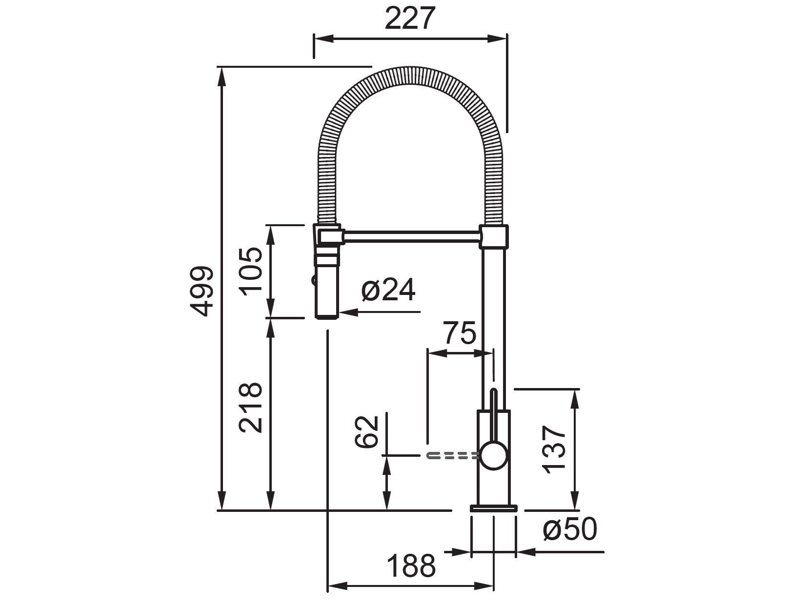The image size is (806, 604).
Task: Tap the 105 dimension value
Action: coord(252,271)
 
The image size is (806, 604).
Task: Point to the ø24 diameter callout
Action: coord(389,291)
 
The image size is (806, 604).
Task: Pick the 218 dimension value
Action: coord(251,407)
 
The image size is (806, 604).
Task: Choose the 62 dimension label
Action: coord(366,432)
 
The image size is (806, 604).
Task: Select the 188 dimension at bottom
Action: coord(411,566)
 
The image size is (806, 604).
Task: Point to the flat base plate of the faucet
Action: coord(493,508)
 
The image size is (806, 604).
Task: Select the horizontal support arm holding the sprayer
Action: coord(412,236)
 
